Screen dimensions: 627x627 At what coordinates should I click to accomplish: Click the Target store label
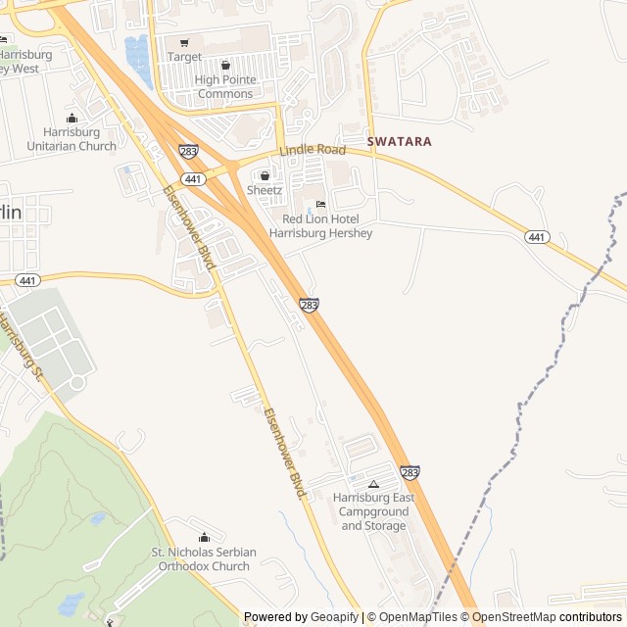[x=184, y=57]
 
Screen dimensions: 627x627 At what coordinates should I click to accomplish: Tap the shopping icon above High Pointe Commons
[x=225, y=66]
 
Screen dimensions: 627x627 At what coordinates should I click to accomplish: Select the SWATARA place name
[x=399, y=141]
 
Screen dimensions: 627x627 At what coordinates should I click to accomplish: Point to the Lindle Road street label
[x=313, y=150]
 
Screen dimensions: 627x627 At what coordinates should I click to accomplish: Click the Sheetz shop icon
[x=265, y=175]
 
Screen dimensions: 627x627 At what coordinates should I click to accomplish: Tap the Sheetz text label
[x=265, y=190]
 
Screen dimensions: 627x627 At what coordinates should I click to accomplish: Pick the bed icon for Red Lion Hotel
[x=320, y=204]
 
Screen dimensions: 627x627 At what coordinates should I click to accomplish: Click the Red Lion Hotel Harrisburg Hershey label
[x=320, y=226]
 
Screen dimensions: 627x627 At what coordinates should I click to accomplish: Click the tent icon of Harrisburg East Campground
[x=373, y=484]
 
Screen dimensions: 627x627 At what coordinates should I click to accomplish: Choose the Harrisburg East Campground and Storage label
[x=373, y=511]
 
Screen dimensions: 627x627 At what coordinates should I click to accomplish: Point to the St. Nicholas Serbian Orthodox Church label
[x=204, y=559]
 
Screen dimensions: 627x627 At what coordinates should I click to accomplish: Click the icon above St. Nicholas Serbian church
[x=204, y=537]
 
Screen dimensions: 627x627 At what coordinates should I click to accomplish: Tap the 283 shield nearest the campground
[x=410, y=473]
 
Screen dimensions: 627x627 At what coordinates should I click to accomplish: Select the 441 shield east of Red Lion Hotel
[x=536, y=237]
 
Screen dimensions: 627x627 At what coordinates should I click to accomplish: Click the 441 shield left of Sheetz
[x=193, y=179]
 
